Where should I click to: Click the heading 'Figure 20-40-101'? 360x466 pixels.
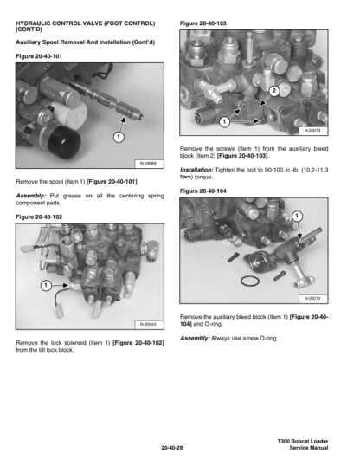pos(39,56)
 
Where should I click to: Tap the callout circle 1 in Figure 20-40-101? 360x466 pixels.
pos(119,137)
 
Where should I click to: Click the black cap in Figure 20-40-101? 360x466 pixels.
pos(64,142)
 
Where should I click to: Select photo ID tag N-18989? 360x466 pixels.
pos(148,164)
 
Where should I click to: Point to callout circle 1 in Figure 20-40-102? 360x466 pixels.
pos(46,286)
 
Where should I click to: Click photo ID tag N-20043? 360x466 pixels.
pos(148,324)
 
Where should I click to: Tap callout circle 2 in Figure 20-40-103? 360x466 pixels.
pos(274,91)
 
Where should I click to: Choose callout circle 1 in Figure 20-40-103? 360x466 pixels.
pos(224,121)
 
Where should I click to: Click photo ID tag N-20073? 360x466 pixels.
pos(312,131)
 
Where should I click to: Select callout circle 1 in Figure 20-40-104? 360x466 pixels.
pos(298,216)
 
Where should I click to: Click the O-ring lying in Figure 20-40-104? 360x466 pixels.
pos(250,281)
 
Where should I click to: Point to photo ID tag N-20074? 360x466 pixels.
pos(312,298)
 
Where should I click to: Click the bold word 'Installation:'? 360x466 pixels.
pos(196,170)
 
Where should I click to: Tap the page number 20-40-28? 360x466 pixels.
pos(172,448)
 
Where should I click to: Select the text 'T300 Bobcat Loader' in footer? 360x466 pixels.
pos(303,441)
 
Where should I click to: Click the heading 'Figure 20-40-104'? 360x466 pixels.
pos(202,191)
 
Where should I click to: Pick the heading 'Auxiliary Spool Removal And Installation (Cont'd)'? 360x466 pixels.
pos(86,42)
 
